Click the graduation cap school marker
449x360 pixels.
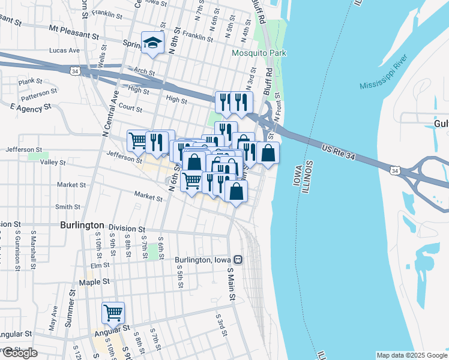152,43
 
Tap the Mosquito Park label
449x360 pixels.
259,53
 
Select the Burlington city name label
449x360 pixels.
82,225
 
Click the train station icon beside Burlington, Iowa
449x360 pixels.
238,260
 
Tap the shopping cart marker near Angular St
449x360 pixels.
113,313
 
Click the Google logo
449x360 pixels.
19,353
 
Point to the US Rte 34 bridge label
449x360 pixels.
340,151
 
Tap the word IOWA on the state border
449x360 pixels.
297,174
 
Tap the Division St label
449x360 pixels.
127,229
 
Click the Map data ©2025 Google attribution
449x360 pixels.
412,355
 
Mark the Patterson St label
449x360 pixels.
39,94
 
